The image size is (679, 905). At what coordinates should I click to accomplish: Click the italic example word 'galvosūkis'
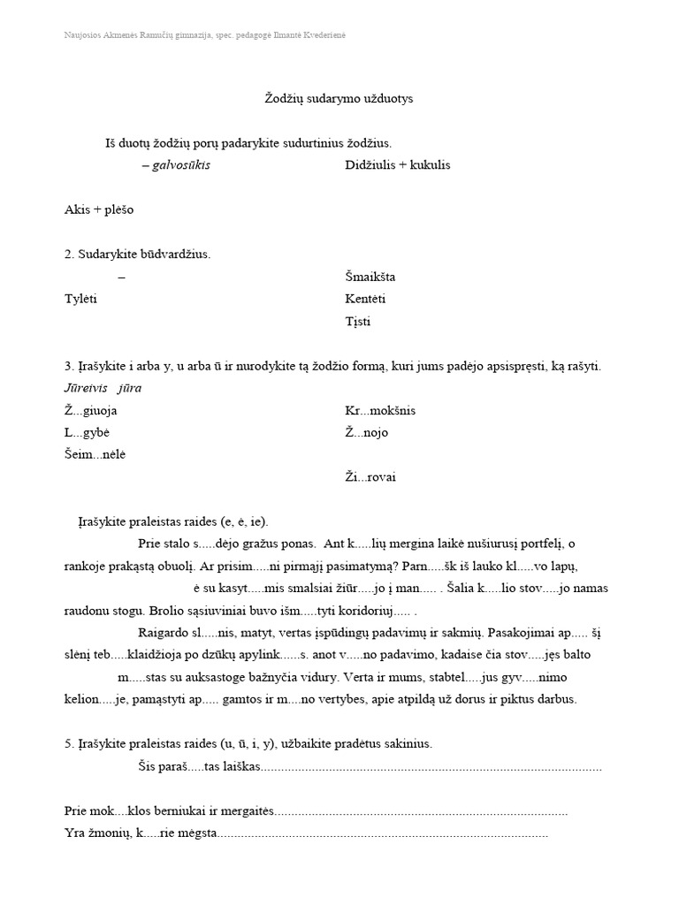click(x=181, y=165)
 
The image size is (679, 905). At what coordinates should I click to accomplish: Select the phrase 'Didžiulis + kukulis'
click(x=397, y=165)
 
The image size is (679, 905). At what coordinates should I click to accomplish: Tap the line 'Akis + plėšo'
click(x=99, y=210)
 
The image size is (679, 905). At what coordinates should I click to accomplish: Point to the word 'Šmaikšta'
click(x=370, y=277)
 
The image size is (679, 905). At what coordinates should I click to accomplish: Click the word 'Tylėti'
click(x=80, y=299)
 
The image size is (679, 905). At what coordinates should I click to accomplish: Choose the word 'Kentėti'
click(x=365, y=299)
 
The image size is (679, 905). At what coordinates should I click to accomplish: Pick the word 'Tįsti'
click(x=358, y=321)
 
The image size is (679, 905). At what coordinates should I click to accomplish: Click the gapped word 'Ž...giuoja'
click(x=91, y=411)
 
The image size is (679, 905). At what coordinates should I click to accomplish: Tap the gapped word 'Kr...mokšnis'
click(x=380, y=411)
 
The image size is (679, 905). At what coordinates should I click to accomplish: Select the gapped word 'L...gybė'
click(x=87, y=433)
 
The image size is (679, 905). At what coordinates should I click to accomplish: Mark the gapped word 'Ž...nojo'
click(x=366, y=433)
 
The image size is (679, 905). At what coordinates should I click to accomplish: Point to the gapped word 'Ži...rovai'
click(x=370, y=477)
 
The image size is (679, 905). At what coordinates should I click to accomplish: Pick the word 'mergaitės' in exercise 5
click(x=248, y=810)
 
